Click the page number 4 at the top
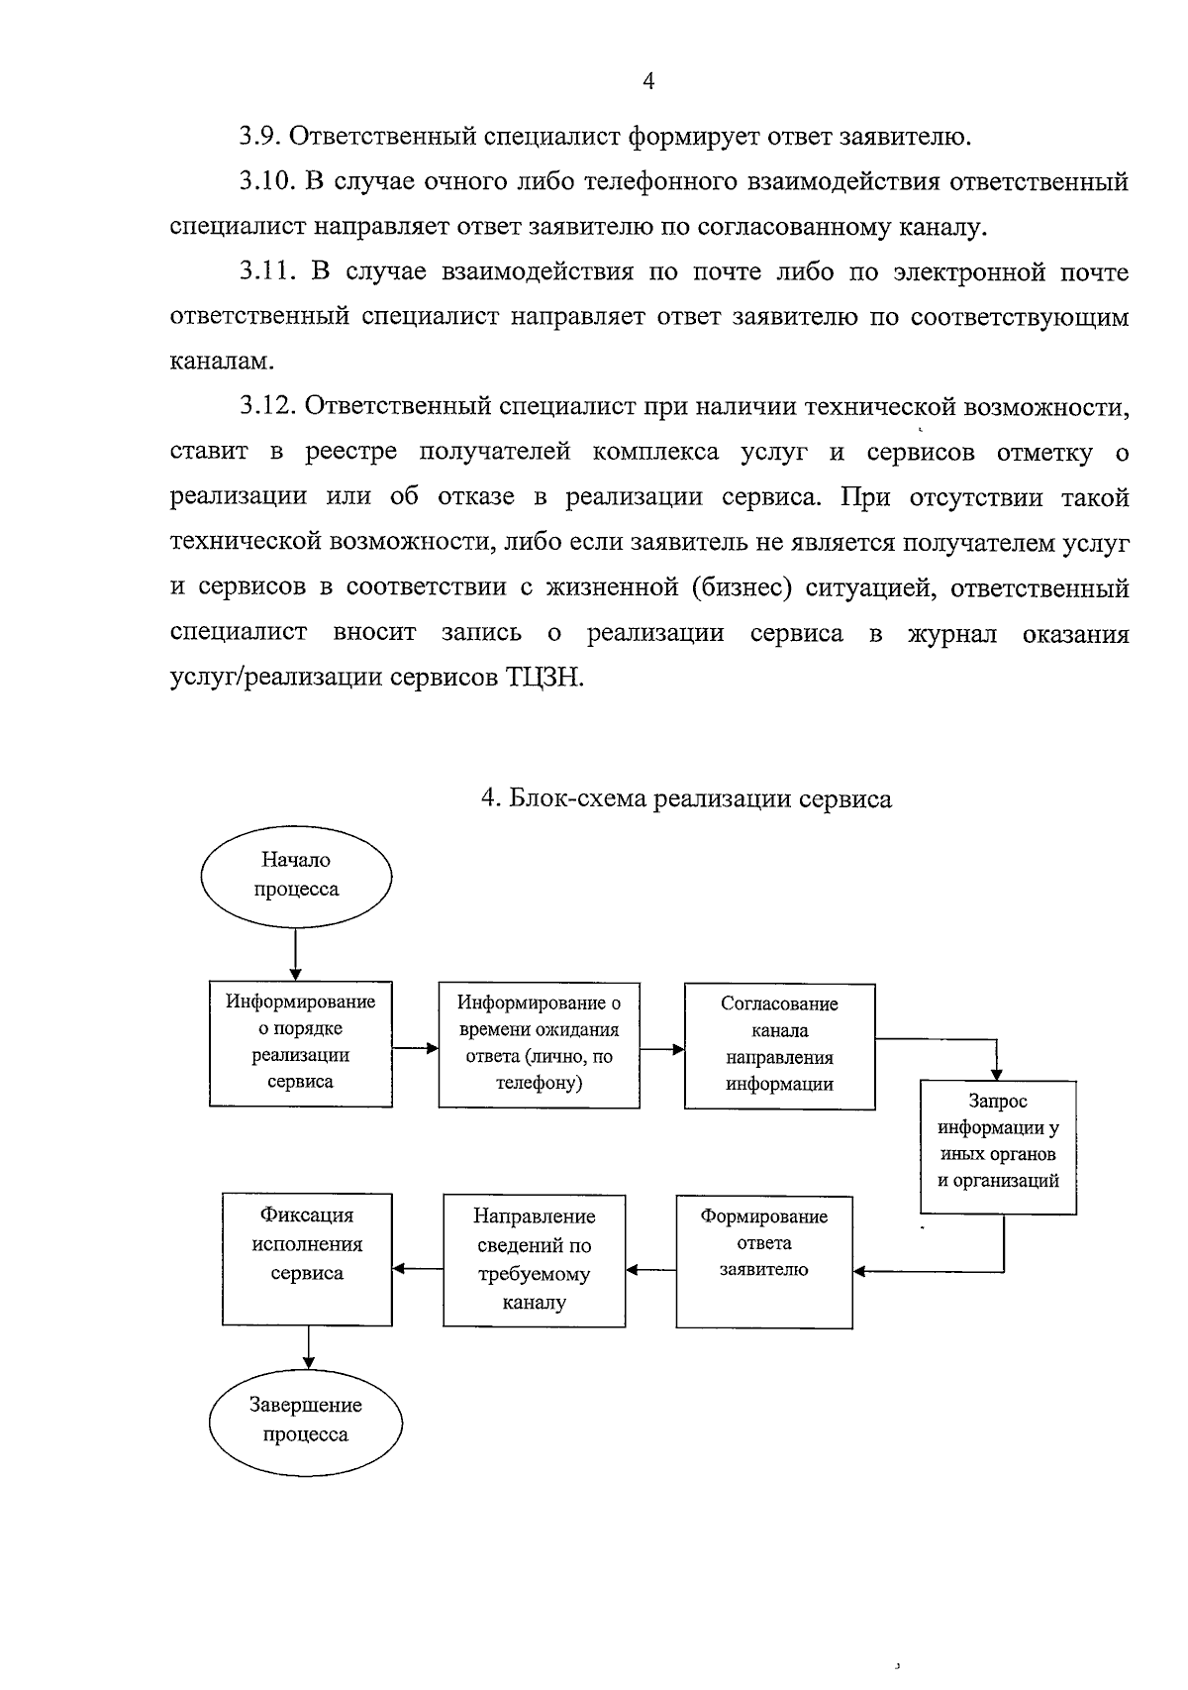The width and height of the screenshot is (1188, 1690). point(648,82)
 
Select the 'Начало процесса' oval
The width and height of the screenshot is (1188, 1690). point(296,876)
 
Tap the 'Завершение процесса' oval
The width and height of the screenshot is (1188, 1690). point(306,1421)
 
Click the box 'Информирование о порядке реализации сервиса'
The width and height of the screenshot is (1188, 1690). point(301,1043)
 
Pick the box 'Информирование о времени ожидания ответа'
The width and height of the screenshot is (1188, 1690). point(539,1044)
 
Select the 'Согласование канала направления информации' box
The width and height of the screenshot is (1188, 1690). point(779,1045)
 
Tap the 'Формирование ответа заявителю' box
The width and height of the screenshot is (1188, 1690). point(763,1261)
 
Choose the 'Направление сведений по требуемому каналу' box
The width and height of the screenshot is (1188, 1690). point(534,1260)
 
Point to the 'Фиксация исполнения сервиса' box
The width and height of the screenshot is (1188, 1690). point(307,1258)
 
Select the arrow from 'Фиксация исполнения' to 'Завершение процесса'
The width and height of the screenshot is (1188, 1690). point(309,1346)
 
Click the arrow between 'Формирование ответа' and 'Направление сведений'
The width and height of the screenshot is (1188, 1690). point(650,1269)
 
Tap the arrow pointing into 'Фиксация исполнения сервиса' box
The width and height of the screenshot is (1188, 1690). point(418,1269)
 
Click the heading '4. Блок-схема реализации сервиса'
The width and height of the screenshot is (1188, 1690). point(686,798)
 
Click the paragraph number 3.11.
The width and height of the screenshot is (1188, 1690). point(266,271)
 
